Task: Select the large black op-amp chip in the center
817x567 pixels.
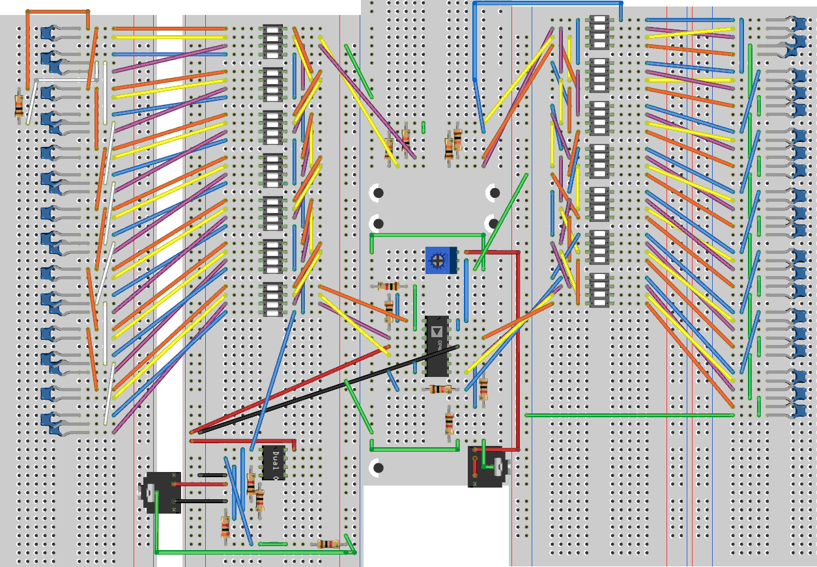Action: [437, 346]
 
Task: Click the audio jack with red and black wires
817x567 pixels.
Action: [162, 493]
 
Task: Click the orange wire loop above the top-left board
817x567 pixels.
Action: [57, 11]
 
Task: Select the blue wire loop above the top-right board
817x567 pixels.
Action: [547, 3]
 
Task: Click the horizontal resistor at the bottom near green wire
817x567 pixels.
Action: [327, 544]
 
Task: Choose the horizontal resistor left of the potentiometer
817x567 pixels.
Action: [389, 286]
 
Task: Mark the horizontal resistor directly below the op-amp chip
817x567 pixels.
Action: [440, 389]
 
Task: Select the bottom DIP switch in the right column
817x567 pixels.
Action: [597, 290]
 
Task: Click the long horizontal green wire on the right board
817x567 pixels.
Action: [629, 415]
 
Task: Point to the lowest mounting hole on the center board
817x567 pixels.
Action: [378, 467]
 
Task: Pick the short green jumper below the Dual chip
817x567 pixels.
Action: [272, 544]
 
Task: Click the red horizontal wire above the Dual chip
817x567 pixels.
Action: [242, 441]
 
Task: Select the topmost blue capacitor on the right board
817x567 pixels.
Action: [798, 25]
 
